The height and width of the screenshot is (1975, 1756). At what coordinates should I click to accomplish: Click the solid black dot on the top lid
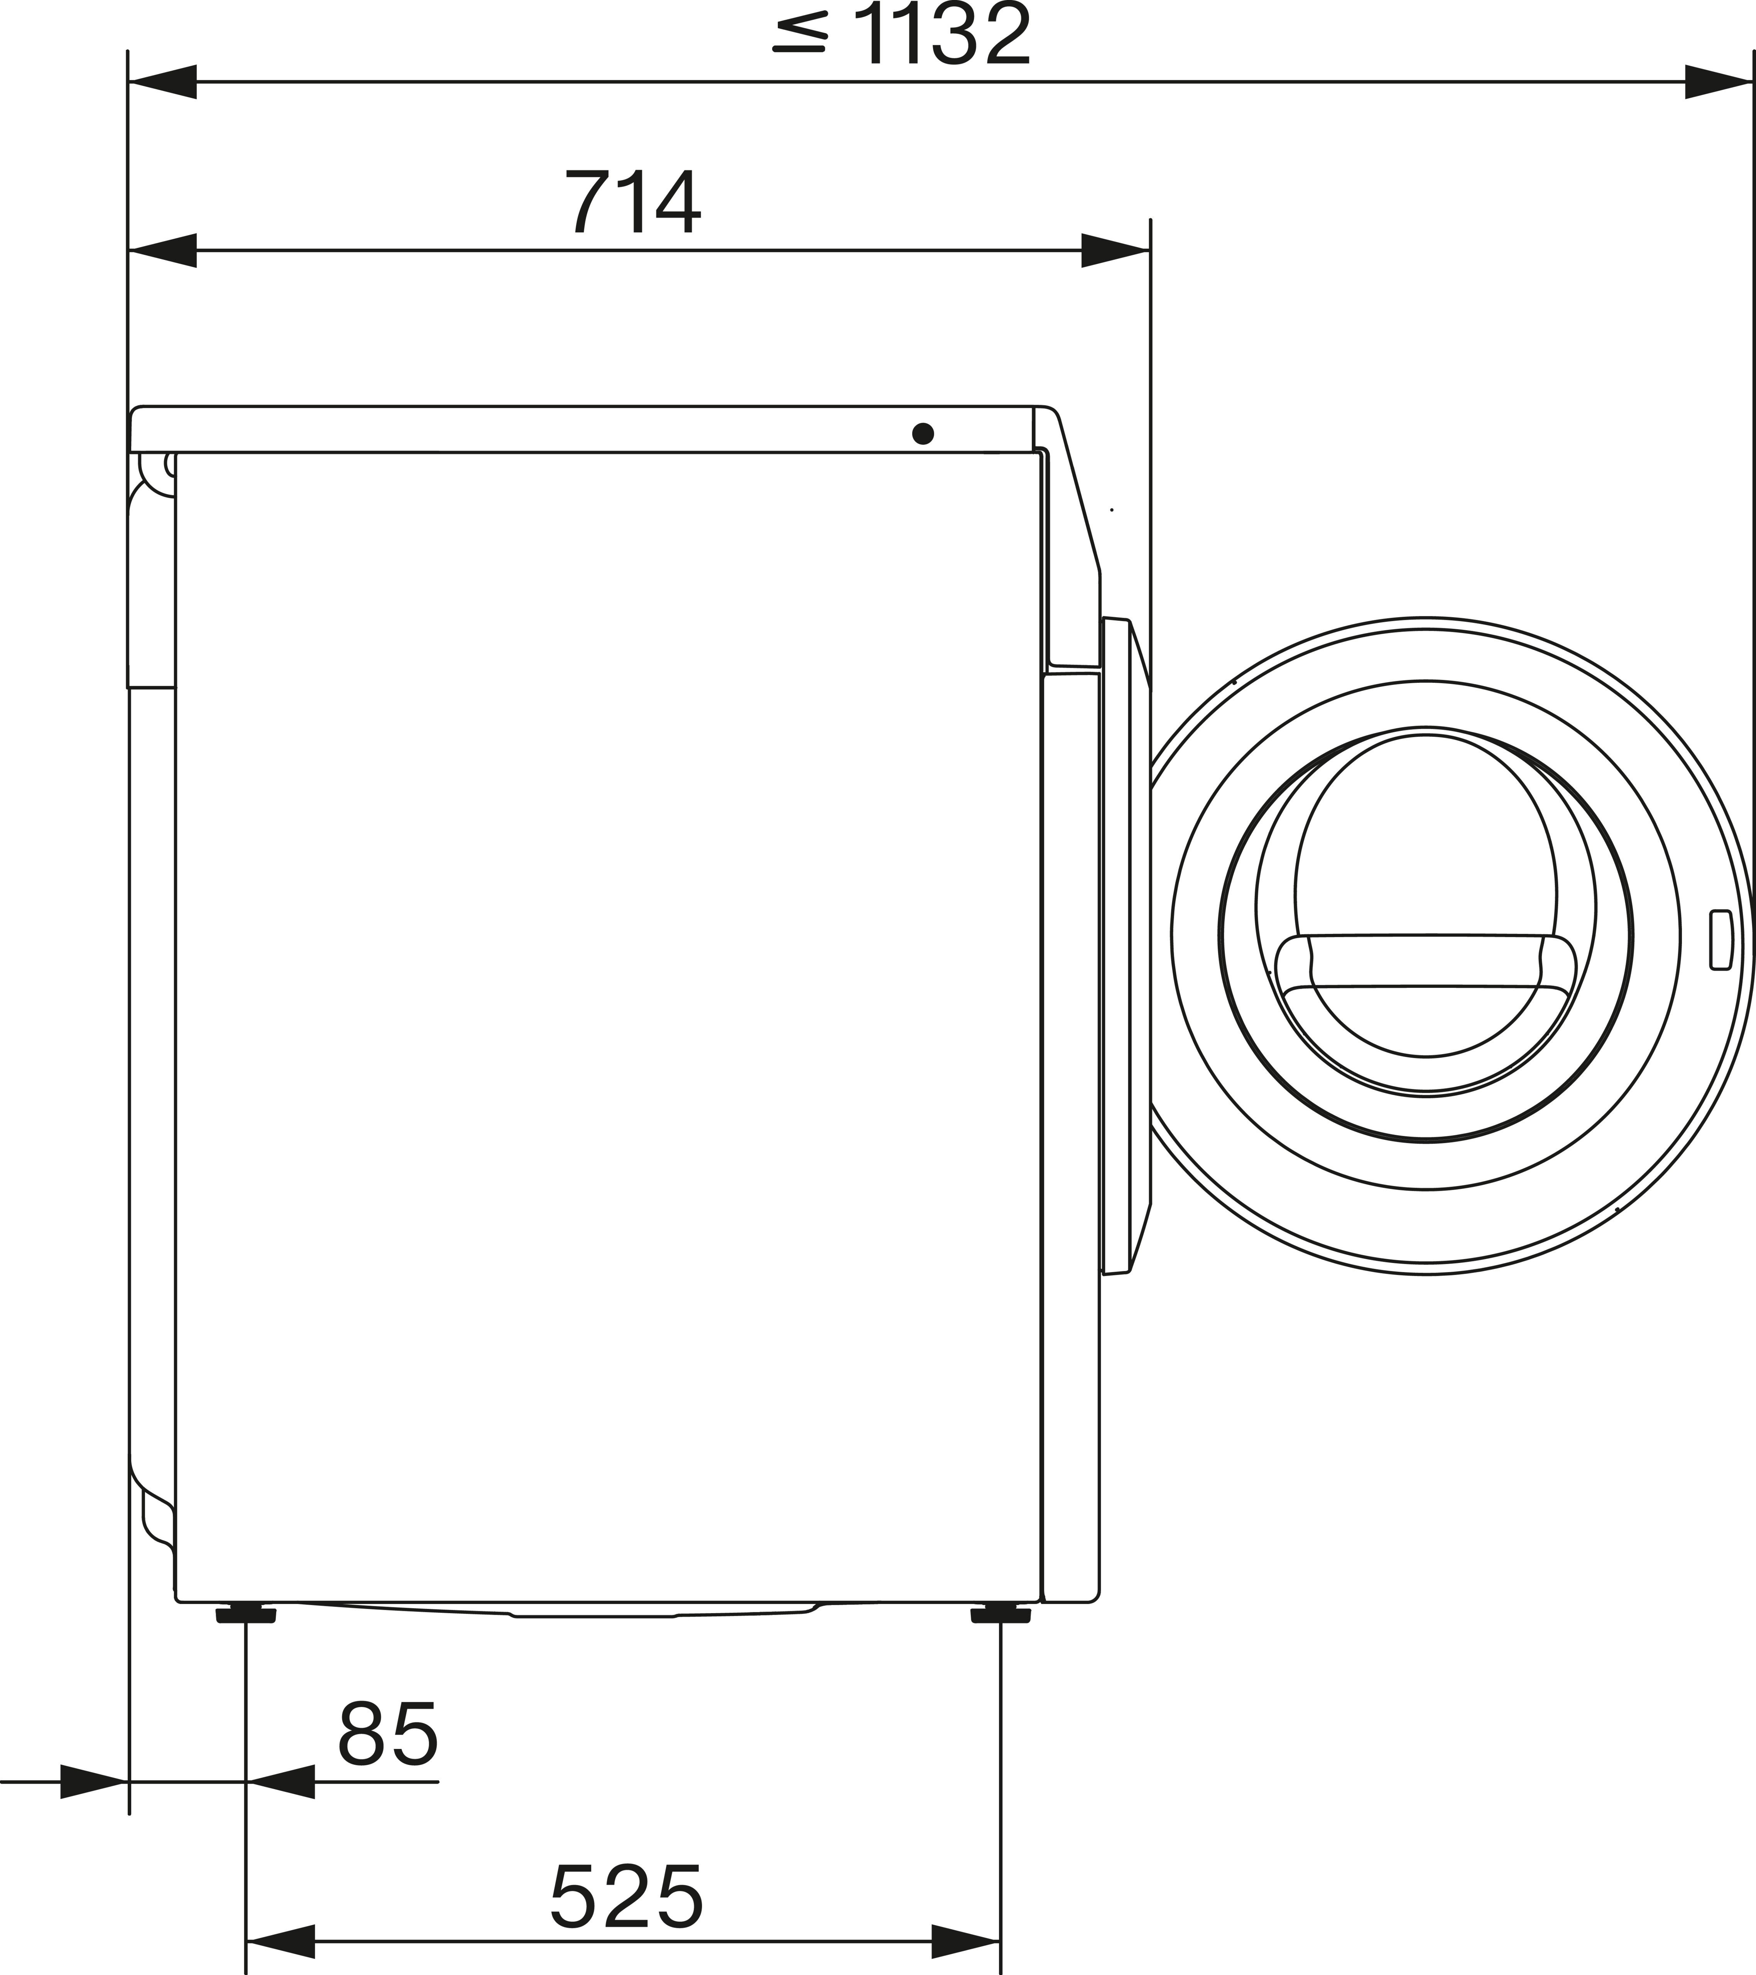tap(923, 434)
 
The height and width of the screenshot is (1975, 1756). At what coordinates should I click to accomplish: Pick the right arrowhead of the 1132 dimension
tap(1718, 82)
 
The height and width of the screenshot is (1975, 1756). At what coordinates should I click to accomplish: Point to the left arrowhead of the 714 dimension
tap(162, 250)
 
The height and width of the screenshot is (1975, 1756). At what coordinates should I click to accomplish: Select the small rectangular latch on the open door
tap(1720, 939)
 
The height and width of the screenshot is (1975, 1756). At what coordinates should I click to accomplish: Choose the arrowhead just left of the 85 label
tap(281, 1781)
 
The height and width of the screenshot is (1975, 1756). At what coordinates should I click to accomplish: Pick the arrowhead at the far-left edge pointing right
tap(94, 1781)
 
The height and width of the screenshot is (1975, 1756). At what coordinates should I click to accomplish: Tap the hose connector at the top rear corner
tap(155, 469)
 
